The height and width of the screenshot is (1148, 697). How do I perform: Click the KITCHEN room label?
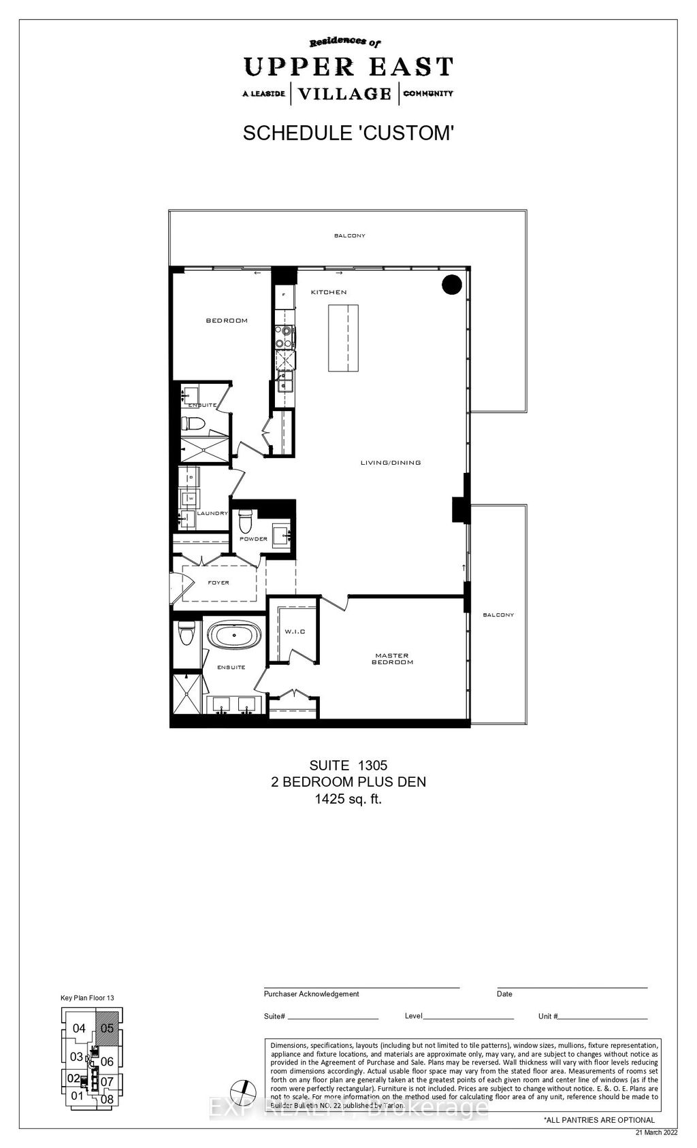point(329,292)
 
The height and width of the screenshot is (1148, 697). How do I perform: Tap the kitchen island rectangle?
point(344,338)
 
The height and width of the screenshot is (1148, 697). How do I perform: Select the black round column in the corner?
point(452,284)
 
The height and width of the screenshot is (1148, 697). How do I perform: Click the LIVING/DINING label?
point(391,463)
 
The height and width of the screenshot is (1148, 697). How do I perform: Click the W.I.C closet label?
point(295,632)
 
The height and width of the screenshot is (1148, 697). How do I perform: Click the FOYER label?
point(218,583)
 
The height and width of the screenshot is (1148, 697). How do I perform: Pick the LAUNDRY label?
point(212,513)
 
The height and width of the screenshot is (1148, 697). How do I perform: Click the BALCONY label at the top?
point(349,235)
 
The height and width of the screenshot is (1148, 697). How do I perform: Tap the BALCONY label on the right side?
point(498,614)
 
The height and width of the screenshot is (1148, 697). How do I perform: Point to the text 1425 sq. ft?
point(348,800)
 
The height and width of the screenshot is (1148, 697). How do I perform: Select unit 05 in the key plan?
point(107,1028)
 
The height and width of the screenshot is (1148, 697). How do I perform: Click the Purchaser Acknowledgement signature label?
point(311,994)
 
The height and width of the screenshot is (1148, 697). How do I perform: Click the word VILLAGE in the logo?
point(345,93)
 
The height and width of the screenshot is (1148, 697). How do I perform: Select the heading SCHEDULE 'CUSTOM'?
point(348,133)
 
